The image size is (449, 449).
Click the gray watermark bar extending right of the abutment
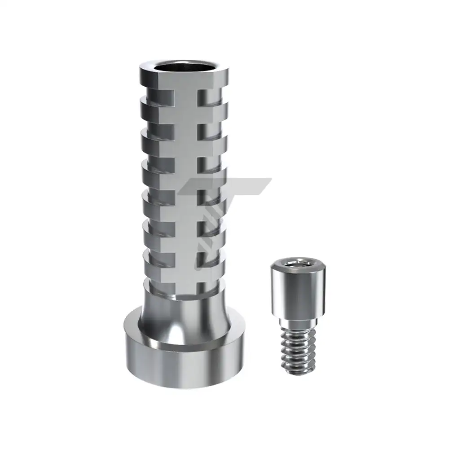[251, 186]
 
